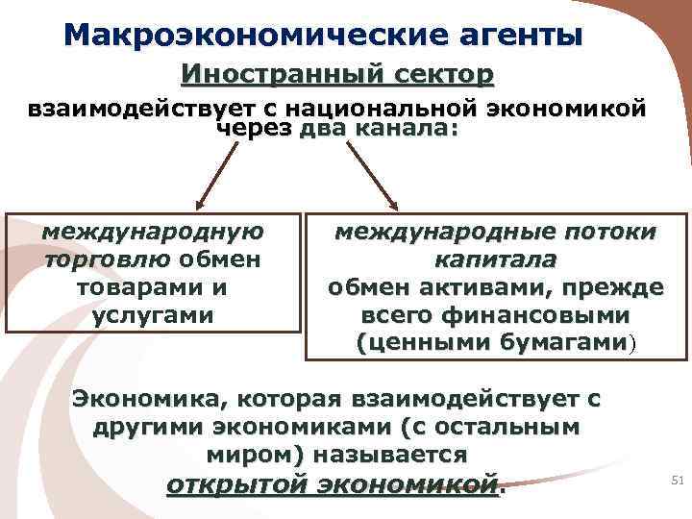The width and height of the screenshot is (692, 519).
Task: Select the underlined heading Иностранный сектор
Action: [336, 74]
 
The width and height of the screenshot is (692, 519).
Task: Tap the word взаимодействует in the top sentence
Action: [151, 109]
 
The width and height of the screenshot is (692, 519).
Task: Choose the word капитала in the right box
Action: [495, 259]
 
